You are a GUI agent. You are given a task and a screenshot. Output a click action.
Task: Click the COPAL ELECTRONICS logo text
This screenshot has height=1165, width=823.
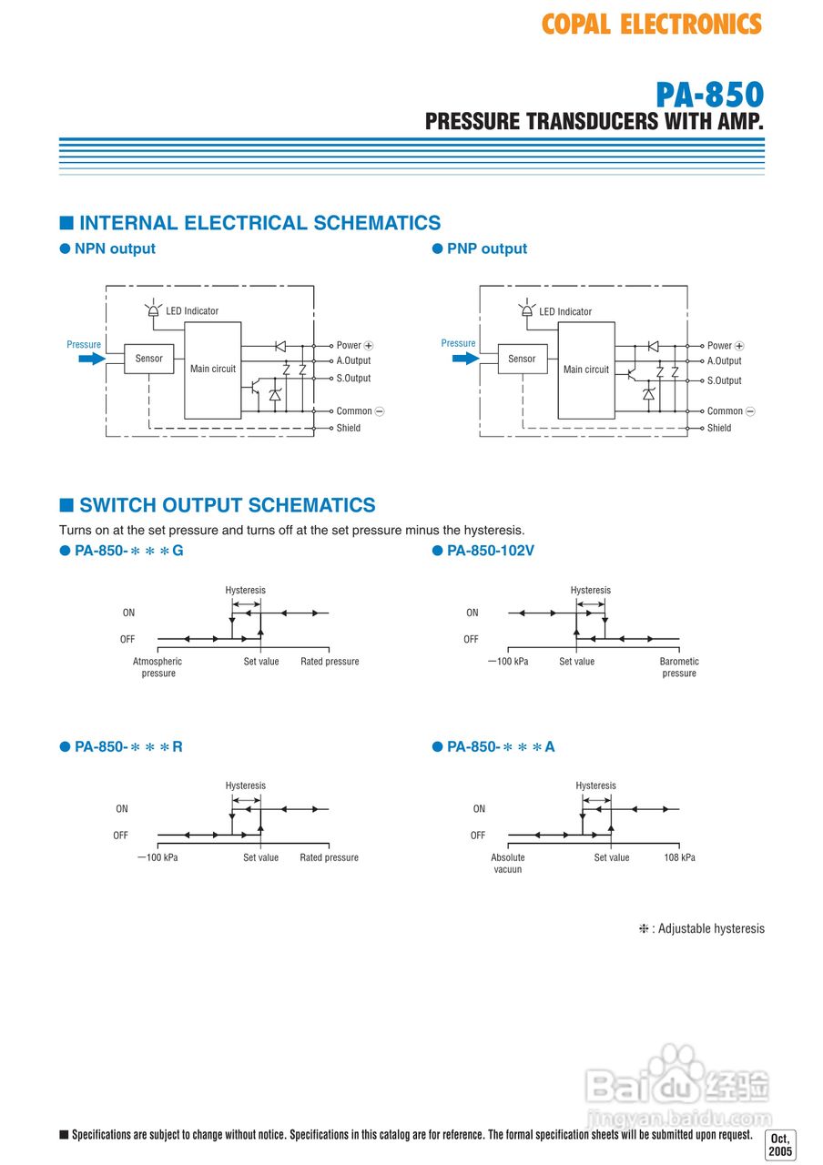tap(651, 24)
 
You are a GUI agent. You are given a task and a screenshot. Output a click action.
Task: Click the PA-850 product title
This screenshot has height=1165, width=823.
tap(709, 95)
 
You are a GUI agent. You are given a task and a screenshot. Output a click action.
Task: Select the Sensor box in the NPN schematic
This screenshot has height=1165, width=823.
tap(148, 359)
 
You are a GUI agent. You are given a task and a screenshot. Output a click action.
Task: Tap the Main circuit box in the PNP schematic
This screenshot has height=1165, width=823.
tap(586, 370)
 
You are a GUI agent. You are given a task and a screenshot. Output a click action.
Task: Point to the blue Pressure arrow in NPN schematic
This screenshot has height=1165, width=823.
tap(92, 360)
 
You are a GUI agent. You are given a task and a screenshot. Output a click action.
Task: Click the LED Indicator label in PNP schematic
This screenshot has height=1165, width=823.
tap(565, 311)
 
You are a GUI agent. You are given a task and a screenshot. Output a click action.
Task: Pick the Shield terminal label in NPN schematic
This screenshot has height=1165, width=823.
tap(349, 428)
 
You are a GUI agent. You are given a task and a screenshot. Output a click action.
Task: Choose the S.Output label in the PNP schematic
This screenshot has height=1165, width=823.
tap(725, 380)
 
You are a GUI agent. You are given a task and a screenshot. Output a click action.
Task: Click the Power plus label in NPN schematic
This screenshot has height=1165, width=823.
tap(355, 346)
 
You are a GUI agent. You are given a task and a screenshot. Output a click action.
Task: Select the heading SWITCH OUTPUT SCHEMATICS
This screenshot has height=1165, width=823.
tap(227, 505)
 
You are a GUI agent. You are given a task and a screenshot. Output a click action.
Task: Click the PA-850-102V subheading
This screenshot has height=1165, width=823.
tap(490, 551)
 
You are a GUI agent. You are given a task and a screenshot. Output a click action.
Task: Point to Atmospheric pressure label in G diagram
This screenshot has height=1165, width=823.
tap(157, 667)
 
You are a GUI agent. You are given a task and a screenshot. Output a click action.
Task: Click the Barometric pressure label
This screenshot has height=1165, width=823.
tap(679, 667)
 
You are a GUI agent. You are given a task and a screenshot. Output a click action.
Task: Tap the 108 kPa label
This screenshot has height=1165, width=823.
tap(679, 857)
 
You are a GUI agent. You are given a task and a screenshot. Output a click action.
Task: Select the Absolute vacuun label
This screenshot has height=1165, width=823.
tap(508, 863)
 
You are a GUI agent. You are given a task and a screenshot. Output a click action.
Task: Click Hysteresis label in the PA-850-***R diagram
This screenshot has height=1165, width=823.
tap(246, 785)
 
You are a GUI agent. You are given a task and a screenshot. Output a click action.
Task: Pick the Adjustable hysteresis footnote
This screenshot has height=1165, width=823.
tap(702, 929)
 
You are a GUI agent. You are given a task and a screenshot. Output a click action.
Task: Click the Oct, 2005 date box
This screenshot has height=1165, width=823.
tap(780, 1145)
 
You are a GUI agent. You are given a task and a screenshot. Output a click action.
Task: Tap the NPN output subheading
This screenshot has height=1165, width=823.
tap(115, 248)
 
